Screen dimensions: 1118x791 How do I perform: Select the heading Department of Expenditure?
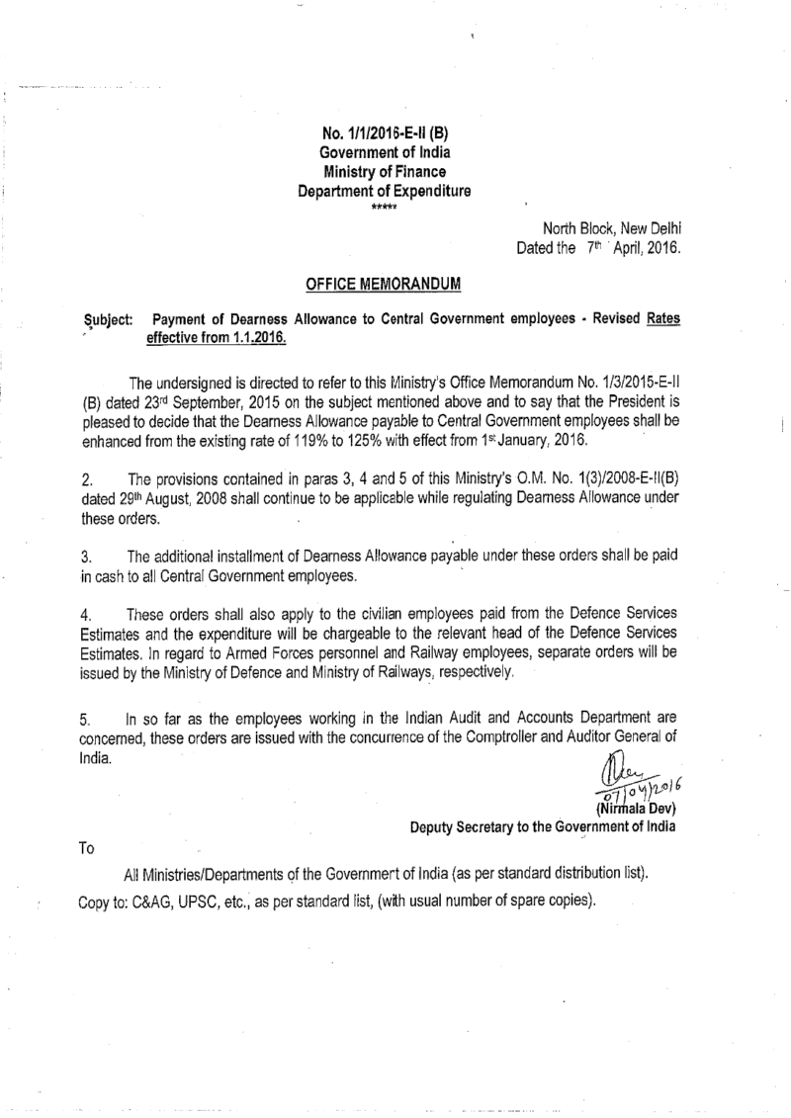point(386,193)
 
